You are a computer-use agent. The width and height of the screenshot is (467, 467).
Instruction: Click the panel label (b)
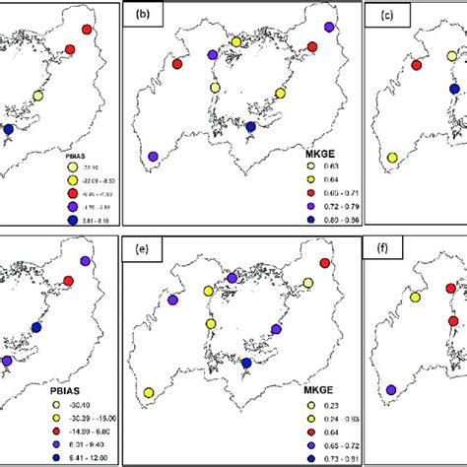click(142, 16)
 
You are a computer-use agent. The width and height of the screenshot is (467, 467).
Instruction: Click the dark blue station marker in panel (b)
click(250, 127)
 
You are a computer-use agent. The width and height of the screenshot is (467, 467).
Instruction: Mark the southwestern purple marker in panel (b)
click(153, 156)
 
